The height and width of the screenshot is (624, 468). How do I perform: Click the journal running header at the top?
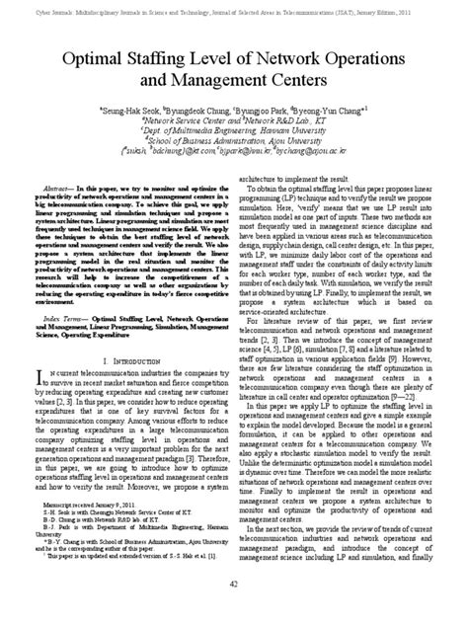(234, 5)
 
